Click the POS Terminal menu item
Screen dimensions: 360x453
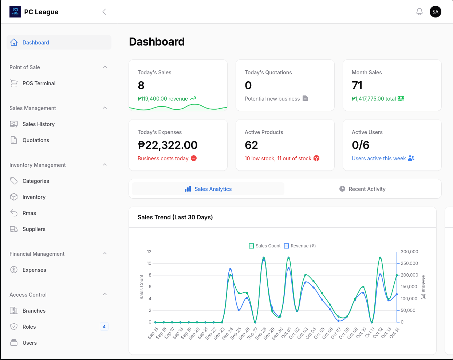click(39, 83)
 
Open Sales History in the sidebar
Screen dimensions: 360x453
click(38, 124)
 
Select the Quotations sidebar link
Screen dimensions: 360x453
click(36, 140)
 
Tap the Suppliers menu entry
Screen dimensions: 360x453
click(34, 229)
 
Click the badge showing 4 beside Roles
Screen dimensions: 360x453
click(104, 327)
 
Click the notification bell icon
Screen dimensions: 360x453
click(419, 12)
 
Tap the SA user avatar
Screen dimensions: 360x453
click(436, 12)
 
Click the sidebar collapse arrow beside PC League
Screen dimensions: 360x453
click(104, 12)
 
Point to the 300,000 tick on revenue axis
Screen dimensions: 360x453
click(409, 252)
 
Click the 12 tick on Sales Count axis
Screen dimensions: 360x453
click(149, 252)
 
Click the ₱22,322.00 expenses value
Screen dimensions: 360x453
click(168, 145)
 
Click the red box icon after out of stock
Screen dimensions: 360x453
click(316, 158)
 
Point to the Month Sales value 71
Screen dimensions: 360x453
click(357, 85)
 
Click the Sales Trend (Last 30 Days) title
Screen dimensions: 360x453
click(175, 217)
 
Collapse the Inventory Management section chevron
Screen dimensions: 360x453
click(105, 165)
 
